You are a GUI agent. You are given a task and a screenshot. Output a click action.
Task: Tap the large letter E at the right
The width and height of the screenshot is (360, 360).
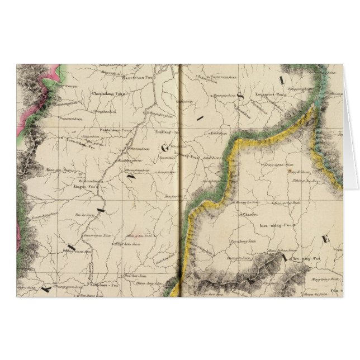coord(325,239)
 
